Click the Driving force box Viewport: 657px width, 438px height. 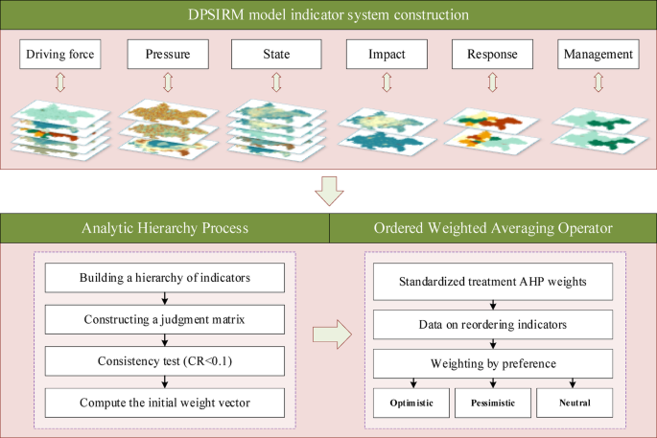[x=60, y=56]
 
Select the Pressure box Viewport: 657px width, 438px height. [x=166, y=56]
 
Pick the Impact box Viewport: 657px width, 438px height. [x=385, y=56]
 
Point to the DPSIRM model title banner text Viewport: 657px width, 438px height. [x=328, y=16]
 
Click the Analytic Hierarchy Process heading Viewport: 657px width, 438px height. [x=164, y=227]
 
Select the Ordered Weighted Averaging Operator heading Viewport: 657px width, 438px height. [x=492, y=227]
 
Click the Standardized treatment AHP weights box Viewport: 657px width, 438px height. [x=491, y=283]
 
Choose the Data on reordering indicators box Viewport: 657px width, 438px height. [x=491, y=323]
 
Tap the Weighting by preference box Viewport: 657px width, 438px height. [x=491, y=363]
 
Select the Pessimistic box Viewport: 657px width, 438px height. [x=492, y=403]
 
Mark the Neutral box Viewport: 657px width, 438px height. [x=574, y=403]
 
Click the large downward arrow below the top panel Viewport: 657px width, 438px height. [x=328, y=193]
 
